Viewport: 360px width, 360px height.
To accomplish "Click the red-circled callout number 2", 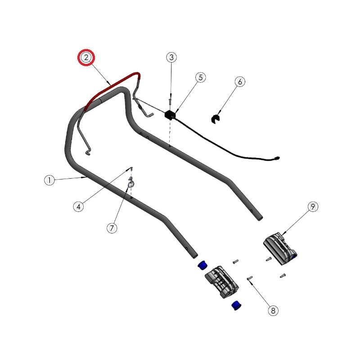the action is tap(86, 58).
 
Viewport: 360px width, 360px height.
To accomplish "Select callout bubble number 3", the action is tap(171, 57).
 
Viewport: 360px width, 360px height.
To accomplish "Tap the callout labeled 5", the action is tap(201, 77).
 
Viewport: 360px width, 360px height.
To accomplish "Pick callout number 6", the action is tap(240, 82).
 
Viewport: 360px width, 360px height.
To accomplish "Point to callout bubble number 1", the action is tap(49, 180).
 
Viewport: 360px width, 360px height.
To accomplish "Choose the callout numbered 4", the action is tap(78, 207).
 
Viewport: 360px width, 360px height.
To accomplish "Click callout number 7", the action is tap(112, 228).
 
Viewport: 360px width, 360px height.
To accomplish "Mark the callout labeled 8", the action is tap(273, 310).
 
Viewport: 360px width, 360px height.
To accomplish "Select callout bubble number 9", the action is tap(313, 207).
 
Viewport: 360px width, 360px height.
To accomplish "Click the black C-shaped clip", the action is tap(215, 119).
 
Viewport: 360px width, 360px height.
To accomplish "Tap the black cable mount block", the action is tap(170, 115).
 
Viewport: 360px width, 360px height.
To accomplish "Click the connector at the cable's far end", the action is tap(277, 158).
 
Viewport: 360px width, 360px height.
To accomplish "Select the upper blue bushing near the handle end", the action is tap(202, 265).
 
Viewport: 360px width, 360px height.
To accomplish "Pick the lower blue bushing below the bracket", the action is tap(236, 306).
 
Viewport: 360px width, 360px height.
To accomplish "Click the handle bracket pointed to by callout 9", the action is tap(279, 249).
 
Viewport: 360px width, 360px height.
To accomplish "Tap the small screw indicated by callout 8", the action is tap(250, 278).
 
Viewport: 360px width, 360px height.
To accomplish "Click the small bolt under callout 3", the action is tap(170, 101).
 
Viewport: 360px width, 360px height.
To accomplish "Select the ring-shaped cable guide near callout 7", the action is tap(131, 184).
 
